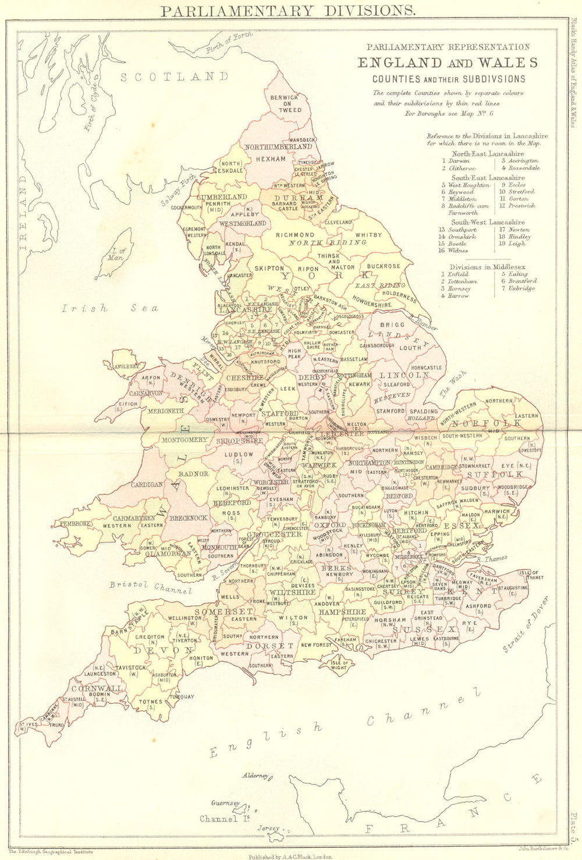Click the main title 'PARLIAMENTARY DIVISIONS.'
(x=279, y=10)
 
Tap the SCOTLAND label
(x=174, y=77)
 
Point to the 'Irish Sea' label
(x=110, y=309)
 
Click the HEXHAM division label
(x=271, y=159)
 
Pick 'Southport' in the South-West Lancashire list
(x=462, y=230)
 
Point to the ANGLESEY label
(x=127, y=366)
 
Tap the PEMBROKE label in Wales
(x=74, y=523)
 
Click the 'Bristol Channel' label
(x=150, y=587)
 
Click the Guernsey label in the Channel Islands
(x=226, y=803)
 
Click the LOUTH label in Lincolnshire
(x=410, y=348)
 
